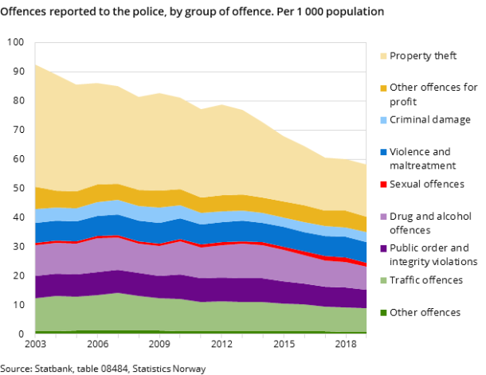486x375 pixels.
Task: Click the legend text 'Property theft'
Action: [x=423, y=56]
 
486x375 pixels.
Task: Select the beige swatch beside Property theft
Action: [x=383, y=57]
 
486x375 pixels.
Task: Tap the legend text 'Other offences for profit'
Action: [x=433, y=95]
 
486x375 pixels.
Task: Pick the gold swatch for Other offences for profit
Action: [x=383, y=88]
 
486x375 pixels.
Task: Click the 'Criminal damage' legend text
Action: [x=429, y=119]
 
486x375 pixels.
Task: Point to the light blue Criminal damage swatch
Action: [x=383, y=120]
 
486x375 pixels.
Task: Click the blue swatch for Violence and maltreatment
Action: [x=383, y=152]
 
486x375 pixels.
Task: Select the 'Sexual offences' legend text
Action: [x=426, y=184]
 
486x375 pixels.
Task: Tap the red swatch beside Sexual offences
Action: [x=383, y=185]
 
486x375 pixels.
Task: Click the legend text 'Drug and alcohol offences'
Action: [x=430, y=223]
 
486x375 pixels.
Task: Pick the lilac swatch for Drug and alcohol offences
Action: [x=383, y=217]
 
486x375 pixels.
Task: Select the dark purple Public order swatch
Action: [x=383, y=248]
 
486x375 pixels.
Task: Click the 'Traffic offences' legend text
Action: [x=425, y=280]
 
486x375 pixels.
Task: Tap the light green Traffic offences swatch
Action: [x=383, y=280]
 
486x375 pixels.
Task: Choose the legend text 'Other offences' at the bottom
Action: [x=425, y=312]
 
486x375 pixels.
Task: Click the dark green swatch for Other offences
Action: [x=383, y=313]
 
